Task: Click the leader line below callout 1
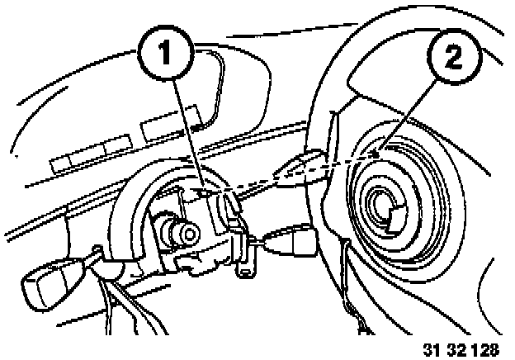click(x=187, y=124)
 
